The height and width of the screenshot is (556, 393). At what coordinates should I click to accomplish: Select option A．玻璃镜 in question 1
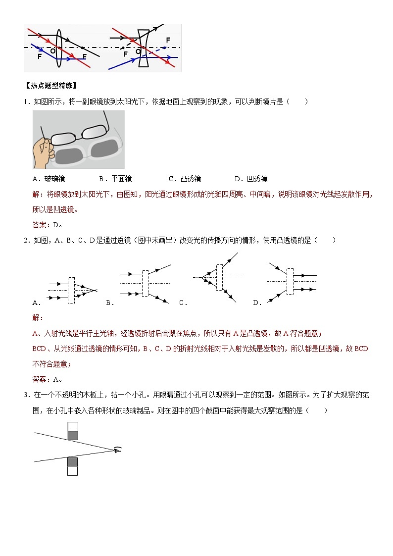(49, 179)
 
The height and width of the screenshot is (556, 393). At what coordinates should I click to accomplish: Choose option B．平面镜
(115, 179)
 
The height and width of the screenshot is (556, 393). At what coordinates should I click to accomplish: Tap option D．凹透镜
(251, 179)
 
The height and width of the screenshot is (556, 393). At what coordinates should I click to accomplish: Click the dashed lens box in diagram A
(71, 290)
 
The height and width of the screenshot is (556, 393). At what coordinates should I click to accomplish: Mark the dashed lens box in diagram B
(145, 283)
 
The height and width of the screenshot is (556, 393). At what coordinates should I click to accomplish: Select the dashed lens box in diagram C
(219, 277)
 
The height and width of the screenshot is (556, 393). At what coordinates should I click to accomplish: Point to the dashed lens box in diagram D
(290, 282)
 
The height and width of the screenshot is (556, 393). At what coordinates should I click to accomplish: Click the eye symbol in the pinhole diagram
(117, 450)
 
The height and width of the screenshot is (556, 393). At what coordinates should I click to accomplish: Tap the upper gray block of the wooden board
(72, 435)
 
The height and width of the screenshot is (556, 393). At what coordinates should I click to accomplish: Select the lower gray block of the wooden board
(72, 462)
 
